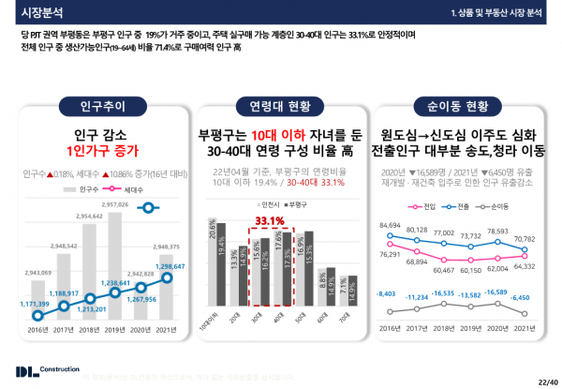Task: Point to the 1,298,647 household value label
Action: point(154,266)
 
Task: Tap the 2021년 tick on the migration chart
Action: point(525,330)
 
